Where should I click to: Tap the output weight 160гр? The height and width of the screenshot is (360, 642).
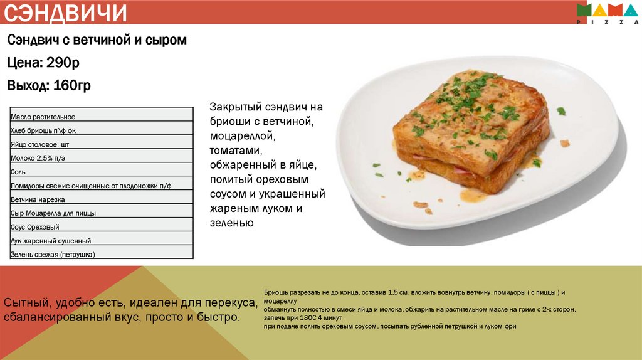(71, 86)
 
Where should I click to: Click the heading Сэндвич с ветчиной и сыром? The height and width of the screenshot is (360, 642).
(97, 40)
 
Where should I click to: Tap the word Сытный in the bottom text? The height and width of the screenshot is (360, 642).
(24, 304)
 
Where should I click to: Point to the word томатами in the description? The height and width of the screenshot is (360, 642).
(235, 151)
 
